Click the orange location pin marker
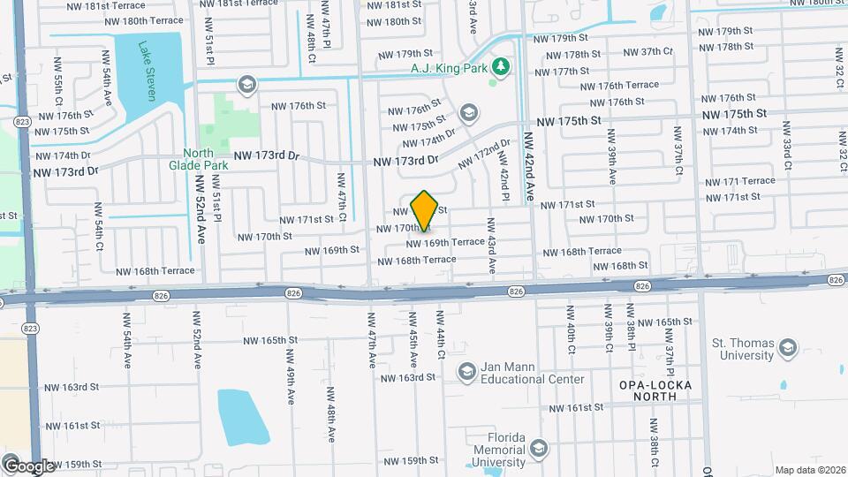[425, 210]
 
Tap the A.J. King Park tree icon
[501, 67]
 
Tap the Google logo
[28, 466]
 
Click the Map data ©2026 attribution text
[809, 470]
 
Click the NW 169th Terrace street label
[445, 242]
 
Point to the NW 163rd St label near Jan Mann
[408, 377]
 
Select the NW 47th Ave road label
[371, 345]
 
